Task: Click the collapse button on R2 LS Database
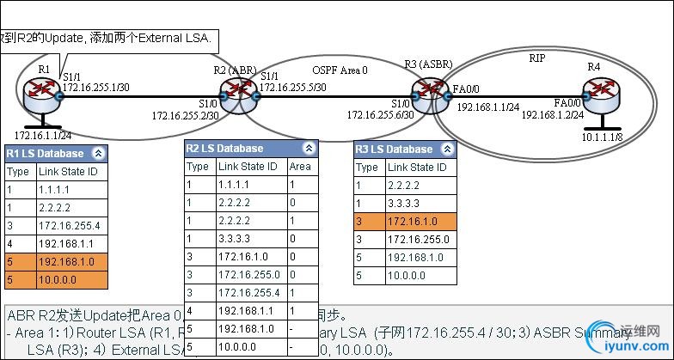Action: [x=309, y=149]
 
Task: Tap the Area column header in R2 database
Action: [x=300, y=167]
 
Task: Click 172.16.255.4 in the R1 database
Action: [x=70, y=224]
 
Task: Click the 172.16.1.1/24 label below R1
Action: [x=40, y=136]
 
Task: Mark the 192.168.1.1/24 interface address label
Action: [x=487, y=107]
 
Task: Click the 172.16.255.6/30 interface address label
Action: [x=380, y=113]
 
